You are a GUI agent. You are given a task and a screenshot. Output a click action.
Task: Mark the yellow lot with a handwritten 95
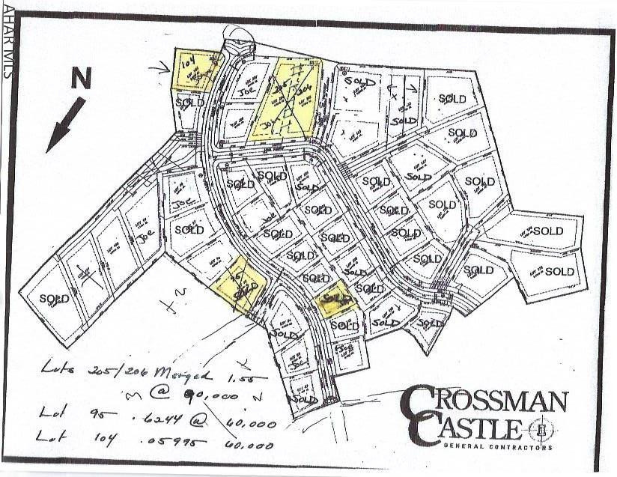coord(241,283)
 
